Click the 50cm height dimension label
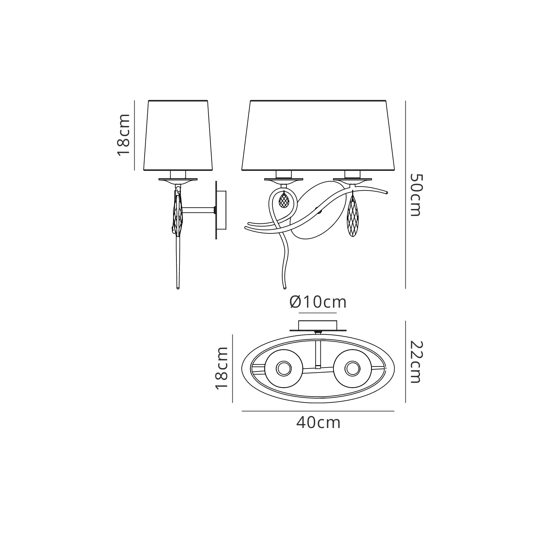(x=415, y=195)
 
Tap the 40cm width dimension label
(x=318, y=423)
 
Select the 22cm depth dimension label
(x=415, y=362)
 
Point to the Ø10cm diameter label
(x=318, y=302)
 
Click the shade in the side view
(x=178, y=135)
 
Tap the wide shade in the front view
(x=318, y=135)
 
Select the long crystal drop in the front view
(x=353, y=216)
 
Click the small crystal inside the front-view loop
(x=284, y=200)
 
